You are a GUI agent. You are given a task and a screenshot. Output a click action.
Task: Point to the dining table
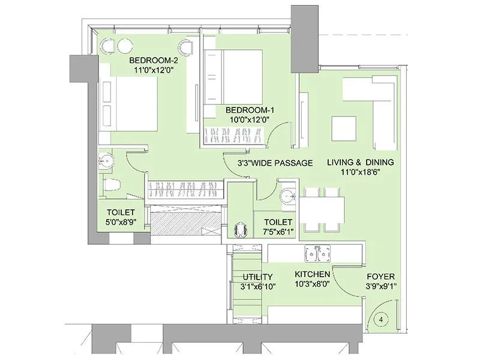coord(322,210)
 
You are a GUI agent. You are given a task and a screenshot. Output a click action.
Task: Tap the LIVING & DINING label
coord(360,162)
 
